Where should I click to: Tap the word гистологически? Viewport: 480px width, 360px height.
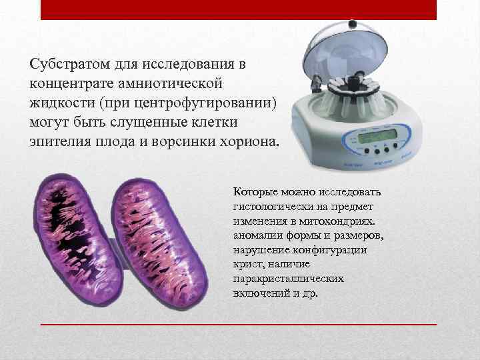pos(271,207)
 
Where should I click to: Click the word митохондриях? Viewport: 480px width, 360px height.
pos(340,221)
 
